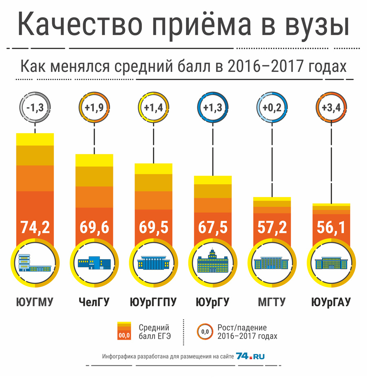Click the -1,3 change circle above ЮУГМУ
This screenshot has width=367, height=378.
pos(35,108)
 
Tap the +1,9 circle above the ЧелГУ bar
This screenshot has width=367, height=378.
pos(94,108)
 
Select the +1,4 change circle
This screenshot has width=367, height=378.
pos(154,108)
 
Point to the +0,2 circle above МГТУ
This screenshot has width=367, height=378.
pos(272,108)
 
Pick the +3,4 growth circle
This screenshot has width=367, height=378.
pos(331,108)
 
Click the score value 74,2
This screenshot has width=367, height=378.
pos(35,227)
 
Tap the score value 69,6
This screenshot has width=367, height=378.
pos(94,227)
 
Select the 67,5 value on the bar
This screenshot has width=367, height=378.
pos(213,227)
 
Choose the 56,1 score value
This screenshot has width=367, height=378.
pos(331,227)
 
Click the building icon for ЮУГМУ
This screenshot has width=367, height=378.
pos(35,263)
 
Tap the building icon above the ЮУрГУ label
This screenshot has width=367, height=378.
pos(213,263)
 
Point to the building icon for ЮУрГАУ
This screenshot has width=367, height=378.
pos(331,263)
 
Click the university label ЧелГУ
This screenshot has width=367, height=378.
pos(94,302)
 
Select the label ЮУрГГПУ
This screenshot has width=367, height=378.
pos(153,302)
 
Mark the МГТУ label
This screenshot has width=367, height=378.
pos(272,302)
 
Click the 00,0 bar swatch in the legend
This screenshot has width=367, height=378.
pos(124,331)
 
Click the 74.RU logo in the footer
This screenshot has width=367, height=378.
pos(250,356)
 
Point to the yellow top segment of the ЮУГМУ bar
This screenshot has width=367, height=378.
pos(35,139)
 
